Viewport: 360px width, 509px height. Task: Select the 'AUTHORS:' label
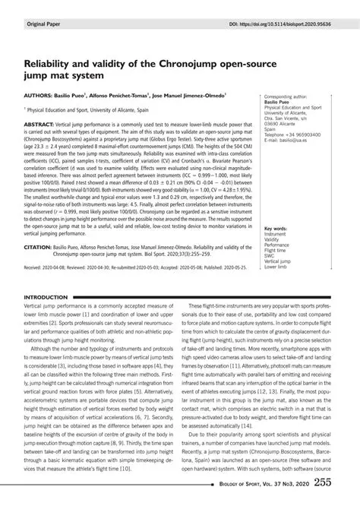click(x=43, y=97)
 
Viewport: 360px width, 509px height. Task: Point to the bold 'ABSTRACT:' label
click(x=43, y=122)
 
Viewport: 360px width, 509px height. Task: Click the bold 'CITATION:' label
click(x=41, y=247)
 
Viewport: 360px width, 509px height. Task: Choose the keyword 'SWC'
click(x=270, y=256)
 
